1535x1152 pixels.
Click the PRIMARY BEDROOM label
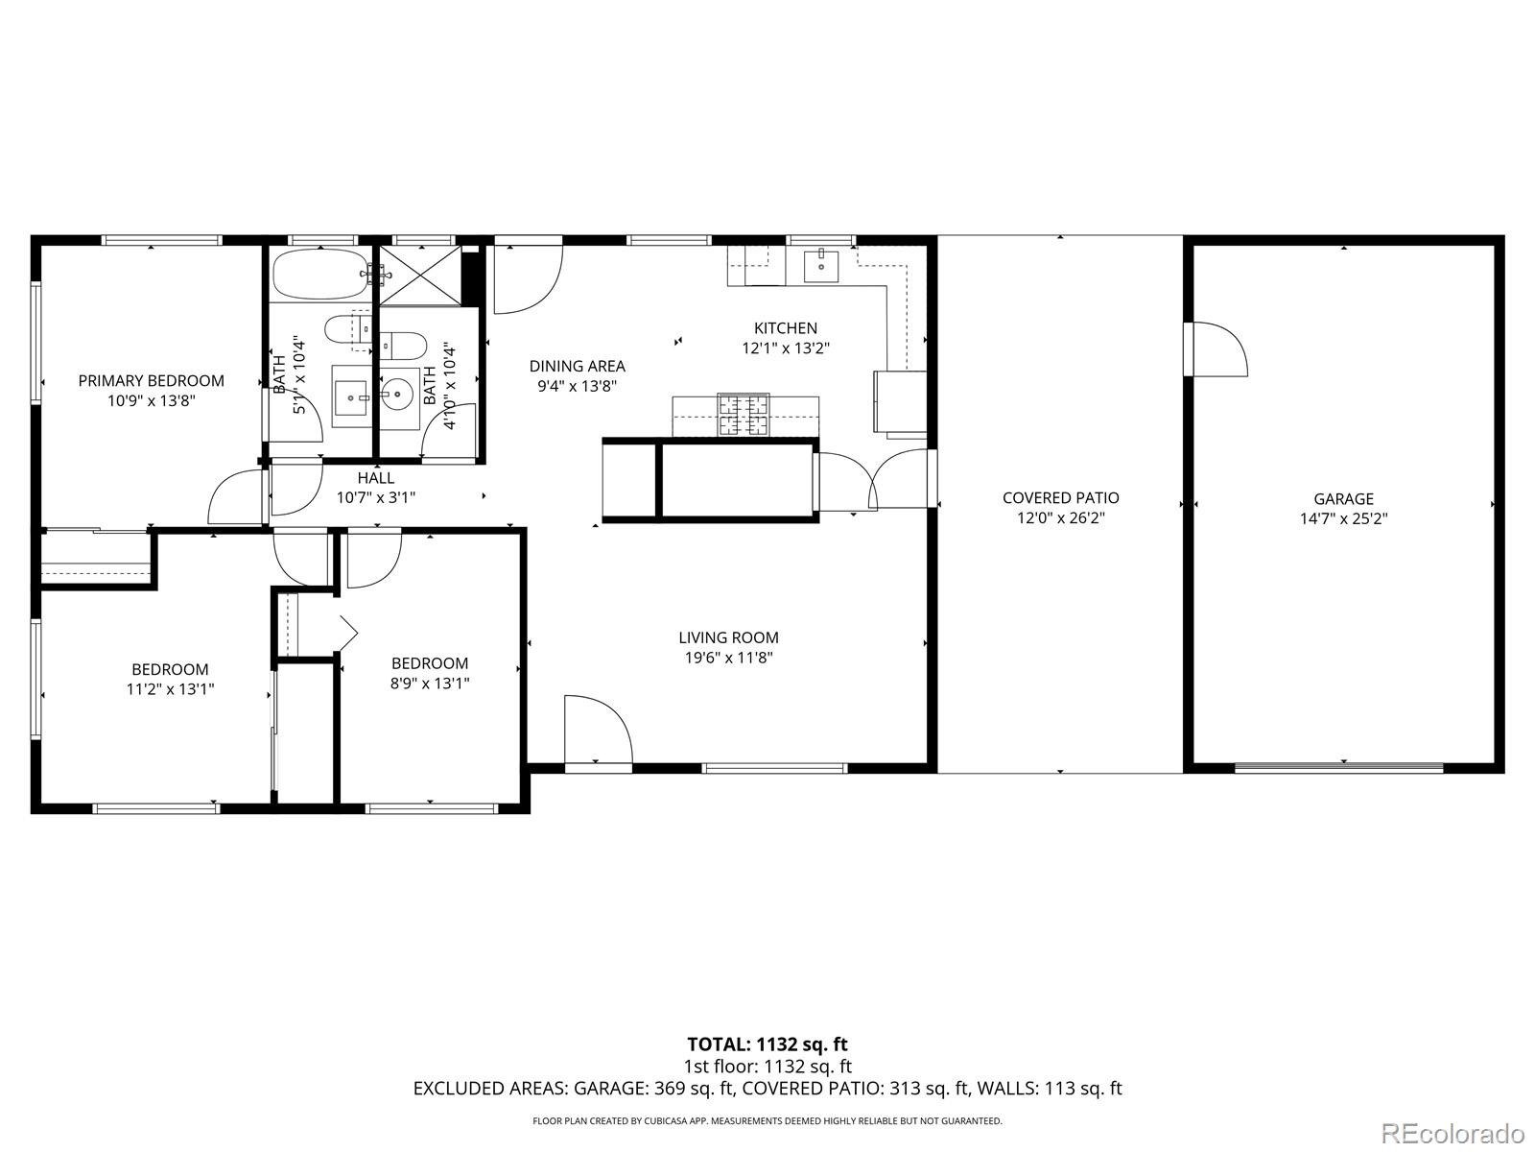click(x=151, y=381)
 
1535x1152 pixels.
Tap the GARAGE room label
click(x=1343, y=498)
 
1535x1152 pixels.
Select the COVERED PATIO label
click(x=1060, y=497)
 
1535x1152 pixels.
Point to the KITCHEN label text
click(x=785, y=328)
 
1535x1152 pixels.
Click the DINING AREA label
click(x=577, y=366)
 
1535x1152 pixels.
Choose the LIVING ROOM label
click(x=728, y=637)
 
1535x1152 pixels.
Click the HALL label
click(x=375, y=477)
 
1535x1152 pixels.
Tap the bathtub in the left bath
click(x=320, y=275)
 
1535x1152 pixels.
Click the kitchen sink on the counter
click(x=821, y=266)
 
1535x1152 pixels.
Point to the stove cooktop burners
click(x=744, y=416)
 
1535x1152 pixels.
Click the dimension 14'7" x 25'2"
click(x=1343, y=518)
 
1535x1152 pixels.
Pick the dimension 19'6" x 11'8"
click(x=728, y=658)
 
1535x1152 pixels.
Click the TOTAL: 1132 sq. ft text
click(x=767, y=1044)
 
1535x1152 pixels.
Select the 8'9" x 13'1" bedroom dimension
click(x=430, y=684)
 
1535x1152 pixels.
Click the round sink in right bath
click(x=397, y=394)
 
